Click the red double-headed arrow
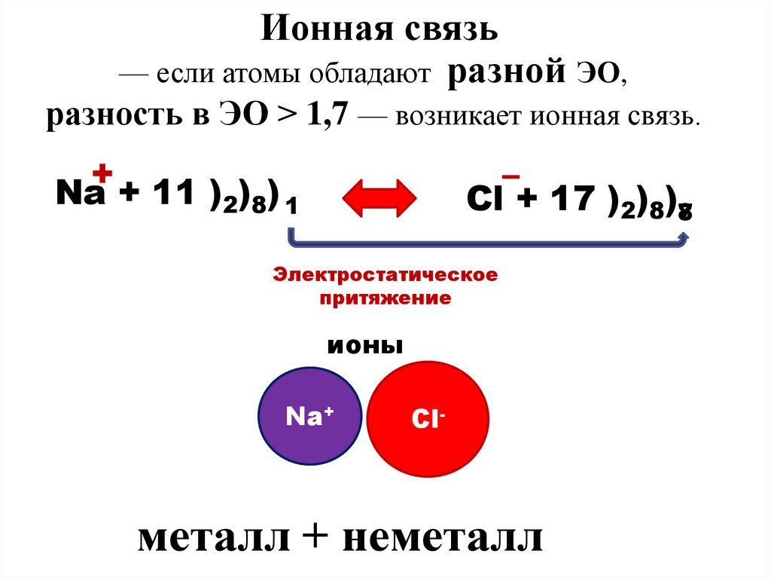(x=380, y=197)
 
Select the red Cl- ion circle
(x=427, y=417)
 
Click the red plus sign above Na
(x=102, y=173)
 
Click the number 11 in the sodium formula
(x=172, y=194)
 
